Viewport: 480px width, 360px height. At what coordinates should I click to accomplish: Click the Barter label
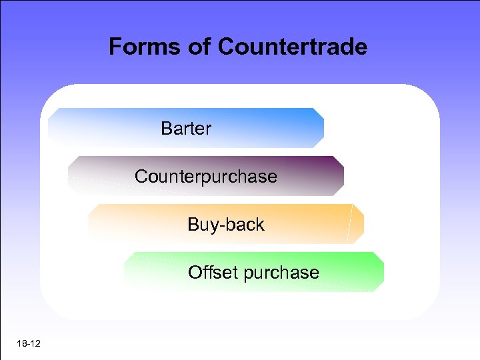pyautogui.click(x=186, y=128)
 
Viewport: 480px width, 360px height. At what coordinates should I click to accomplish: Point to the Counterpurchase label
pyautogui.click(x=205, y=177)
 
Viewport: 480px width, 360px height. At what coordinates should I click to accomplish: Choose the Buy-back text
pyautogui.click(x=226, y=225)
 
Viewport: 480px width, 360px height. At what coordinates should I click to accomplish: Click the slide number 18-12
pyautogui.click(x=27, y=343)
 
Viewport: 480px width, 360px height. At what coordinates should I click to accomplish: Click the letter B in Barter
pyautogui.click(x=166, y=128)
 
